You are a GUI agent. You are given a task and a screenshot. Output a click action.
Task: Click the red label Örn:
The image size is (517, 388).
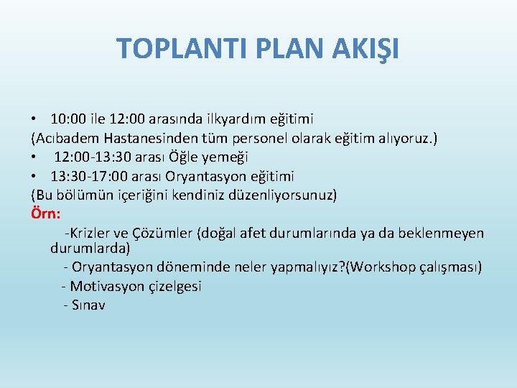coord(45,214)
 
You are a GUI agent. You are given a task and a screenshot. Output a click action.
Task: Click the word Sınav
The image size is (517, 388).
coord(88,305)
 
